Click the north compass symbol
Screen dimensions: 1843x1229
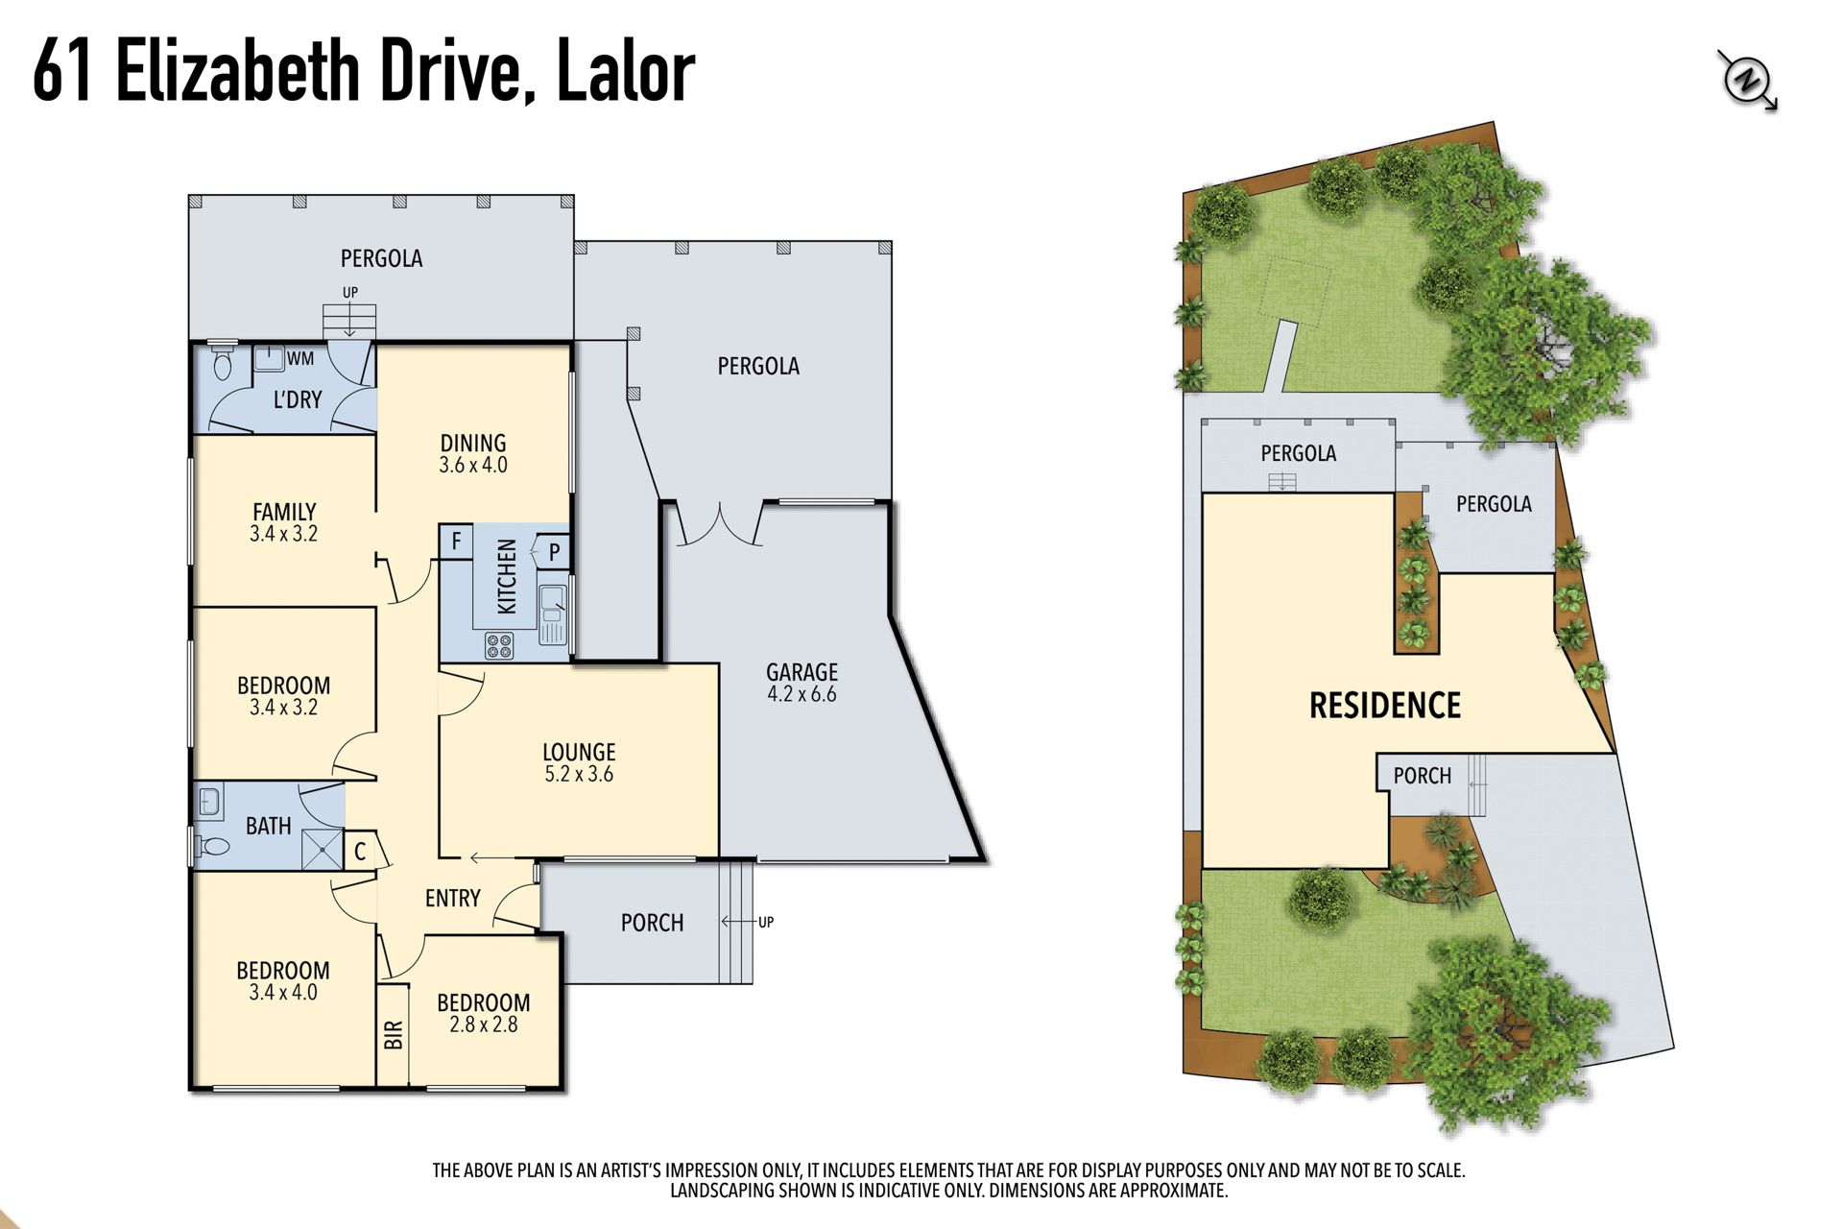pyautogui.click(x=1747, y=81)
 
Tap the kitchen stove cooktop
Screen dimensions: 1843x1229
pyautogui.click(x=499, y=644)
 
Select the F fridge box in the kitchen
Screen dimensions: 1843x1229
pyautogui.click(x=456, y=541)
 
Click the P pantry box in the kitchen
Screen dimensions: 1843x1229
pyautogui.click(x=554, y=552)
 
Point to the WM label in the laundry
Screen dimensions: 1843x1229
pyautogui.click(x=300, y=358)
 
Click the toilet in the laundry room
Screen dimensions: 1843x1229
pyautogui.click(x=223, y=362)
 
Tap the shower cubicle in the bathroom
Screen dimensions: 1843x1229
pyautogui.click(x=322, y=849)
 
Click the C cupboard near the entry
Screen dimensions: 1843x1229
pyautogui.click(x=362, y=851)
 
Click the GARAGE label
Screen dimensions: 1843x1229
pyautogui.click(x=802, y=672)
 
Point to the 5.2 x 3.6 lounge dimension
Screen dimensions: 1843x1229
pyautogui.click(x=579, y=774)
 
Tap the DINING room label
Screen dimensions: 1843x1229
pyautogui.click(x=473, y=443)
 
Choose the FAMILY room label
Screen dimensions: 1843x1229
pyautogui.click(x=284, y=512)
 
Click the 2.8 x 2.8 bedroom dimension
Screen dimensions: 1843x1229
pyautogui.click(x=484, y=1024)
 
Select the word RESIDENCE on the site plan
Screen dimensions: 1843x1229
pyautogui.click(x=1385, y=706)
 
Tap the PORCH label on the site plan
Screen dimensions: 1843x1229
pyautogui.click(x=1423, y=776)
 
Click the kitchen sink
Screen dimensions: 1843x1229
pyautogui.click(x=554, y=614)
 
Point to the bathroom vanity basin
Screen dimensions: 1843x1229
pyautogui.click(x=209, y=801)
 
